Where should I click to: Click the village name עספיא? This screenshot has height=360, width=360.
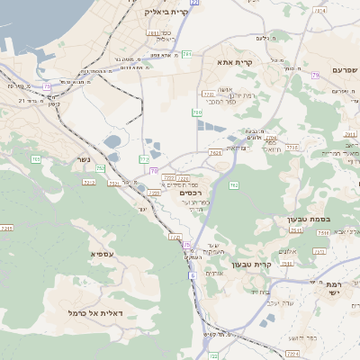point(101,254)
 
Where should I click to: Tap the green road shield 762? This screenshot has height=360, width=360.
point(234,185)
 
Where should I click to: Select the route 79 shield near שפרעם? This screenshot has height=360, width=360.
point(315,76)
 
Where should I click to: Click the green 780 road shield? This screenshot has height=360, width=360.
point(197,112)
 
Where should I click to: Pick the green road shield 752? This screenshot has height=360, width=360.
point(101,168)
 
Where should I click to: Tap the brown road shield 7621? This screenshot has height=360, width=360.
point(215,153)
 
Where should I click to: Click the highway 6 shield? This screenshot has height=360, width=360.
point(192,275)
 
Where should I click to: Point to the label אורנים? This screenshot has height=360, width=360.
point(214,273)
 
